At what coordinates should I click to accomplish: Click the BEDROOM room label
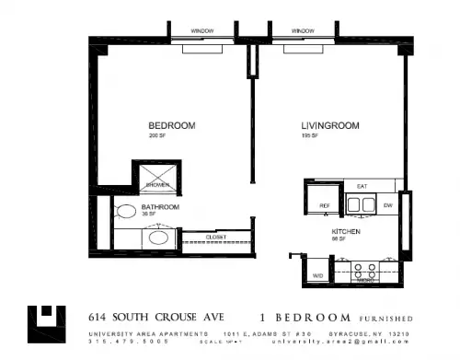167,126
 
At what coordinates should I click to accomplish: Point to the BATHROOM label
160,207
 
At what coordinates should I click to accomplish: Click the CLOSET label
216,237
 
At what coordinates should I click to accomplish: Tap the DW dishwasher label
388,204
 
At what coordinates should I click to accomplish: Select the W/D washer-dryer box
318,274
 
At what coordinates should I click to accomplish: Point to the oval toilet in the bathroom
125,211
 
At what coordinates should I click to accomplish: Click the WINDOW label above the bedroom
202,31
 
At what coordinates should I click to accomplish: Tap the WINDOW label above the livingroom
303,31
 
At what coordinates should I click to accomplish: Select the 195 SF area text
309,135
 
